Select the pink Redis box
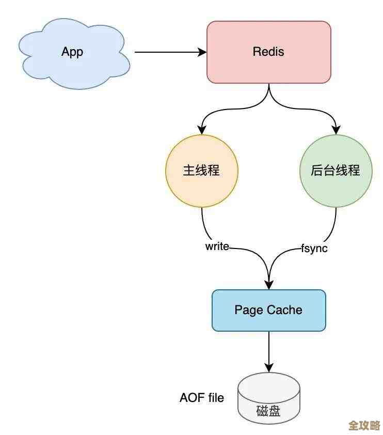pyautogui.click(x=268, y=52)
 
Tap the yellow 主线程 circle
pyautogui.click(x=201, y=171)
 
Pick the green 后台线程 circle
pyautogui.click(x=336, y=171)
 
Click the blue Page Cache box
pyautogui.click(x=268, y=310)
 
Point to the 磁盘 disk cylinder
pyautogui.click(x=268, y=398)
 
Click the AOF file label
pyautogui.click(x=202, y=398)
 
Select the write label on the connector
pyautogui.click(x=217, y=246)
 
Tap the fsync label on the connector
pyautogui.click(x=314, y=248)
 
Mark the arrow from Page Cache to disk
pyautogui.click(x=268, y=351)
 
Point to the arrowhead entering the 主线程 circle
pyautogui.click(x=201, y=130)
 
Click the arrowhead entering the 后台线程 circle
pyautogui.click(x=336, y=130)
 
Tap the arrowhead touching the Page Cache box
pyautogui.click(x=268, y=285)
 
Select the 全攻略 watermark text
pyautogui.click(x=364, y=425)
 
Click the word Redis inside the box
pyautogui.click(x=268, y=52)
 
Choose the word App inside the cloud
pyautogui.click(x=72, y=52)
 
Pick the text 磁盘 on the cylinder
pyautogui.click(x=268, y=411)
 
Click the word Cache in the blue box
pyautogui.click(x=285, y=310)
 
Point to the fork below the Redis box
pyautogui.click(x=268, y=98)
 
